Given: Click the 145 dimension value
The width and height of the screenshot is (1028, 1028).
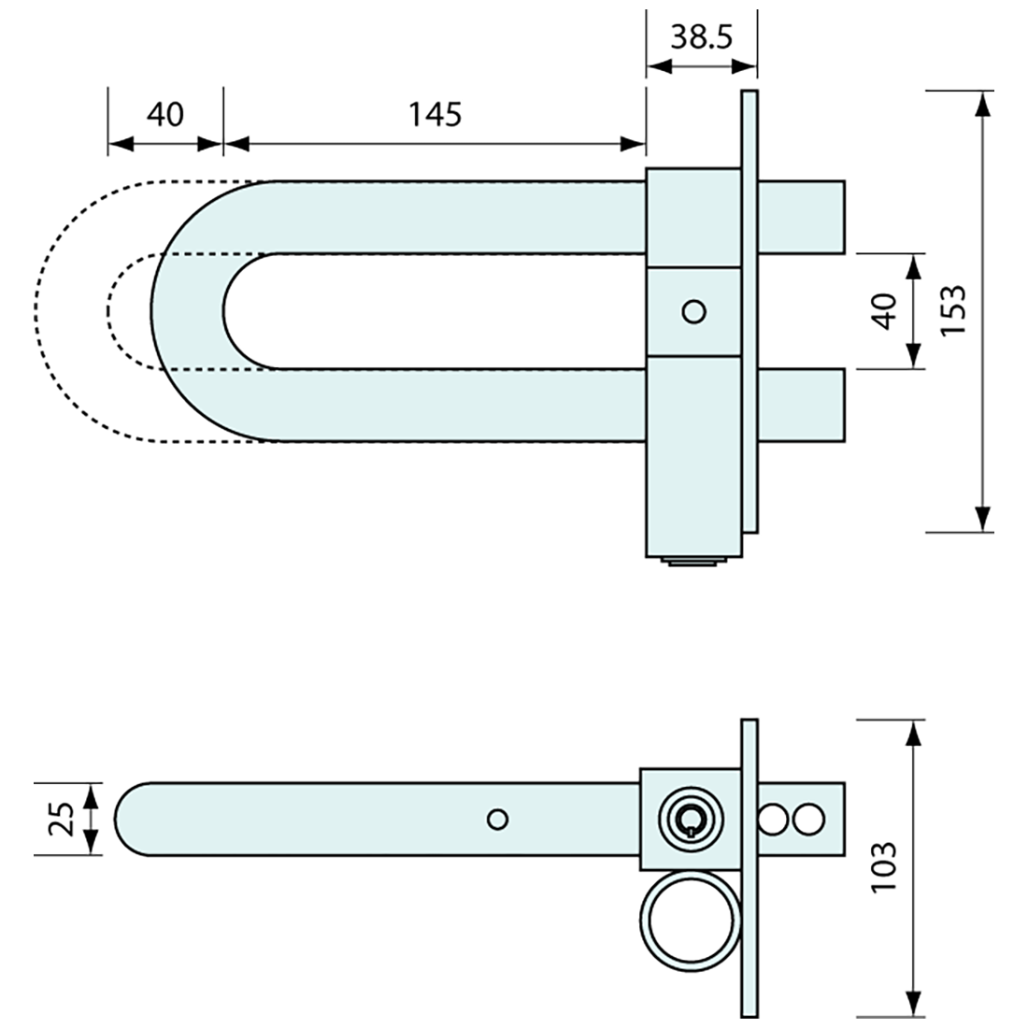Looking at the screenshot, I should [435, 114].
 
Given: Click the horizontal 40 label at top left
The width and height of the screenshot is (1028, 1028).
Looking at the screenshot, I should [165, 114].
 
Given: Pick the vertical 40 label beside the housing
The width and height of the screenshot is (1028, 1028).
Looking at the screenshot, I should [885, 310].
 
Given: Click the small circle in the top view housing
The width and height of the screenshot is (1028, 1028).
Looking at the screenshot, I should [693, 311].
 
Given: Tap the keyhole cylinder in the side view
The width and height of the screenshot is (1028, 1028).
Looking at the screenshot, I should [689, 819].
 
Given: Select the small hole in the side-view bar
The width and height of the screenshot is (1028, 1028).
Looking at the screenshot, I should [498, 820].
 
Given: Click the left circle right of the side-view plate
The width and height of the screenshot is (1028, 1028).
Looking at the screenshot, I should [775, 820].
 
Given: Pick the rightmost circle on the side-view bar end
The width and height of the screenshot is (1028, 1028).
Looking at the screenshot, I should [809, 820].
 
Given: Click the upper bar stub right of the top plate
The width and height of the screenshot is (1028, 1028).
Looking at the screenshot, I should [803, 217].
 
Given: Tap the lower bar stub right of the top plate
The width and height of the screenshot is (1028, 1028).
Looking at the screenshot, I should [803, 405].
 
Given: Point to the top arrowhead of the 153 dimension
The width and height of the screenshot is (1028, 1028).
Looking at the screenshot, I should [981, 103].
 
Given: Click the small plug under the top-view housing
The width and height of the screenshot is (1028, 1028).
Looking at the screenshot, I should [692, 562].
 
